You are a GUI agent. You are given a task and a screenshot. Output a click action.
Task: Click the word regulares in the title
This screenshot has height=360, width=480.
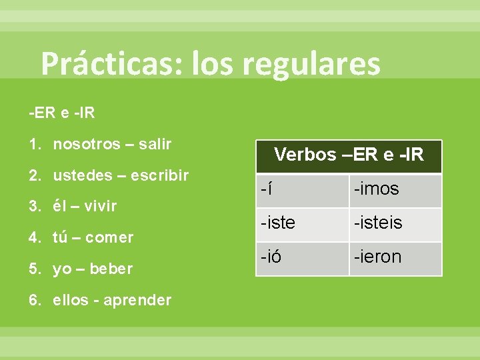click(x=311, y=65)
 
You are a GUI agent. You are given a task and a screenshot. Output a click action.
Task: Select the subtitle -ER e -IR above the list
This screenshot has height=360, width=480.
click(x=61, y=113)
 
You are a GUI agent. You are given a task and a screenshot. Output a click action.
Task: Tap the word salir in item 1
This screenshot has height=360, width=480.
click(x=155, y=144)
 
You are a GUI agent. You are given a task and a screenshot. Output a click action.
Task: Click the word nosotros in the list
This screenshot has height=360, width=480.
click(x=87, y=144)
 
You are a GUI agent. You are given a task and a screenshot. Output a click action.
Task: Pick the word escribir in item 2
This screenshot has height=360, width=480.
click(x=159, y=175)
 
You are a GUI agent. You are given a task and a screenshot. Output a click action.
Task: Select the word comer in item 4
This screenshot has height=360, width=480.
click(x=111, y=237)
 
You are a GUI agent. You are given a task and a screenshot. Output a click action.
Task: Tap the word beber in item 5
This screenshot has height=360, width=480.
click(x=111, y=269)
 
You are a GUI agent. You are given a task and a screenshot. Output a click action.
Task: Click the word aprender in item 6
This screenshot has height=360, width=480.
click(x=138, y=300)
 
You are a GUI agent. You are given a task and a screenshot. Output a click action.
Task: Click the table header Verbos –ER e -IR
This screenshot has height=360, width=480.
click(x=349, y=155)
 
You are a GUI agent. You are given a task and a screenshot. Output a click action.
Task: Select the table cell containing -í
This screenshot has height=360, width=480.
click(x=302, y=190)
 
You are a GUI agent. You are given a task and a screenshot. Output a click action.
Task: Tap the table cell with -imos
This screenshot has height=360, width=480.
click(x=395, y=190)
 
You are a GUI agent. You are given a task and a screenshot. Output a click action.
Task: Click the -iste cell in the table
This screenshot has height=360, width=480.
click(x=302, y=223)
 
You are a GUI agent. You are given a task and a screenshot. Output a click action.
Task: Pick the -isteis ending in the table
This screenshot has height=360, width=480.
click(x=395, y=223)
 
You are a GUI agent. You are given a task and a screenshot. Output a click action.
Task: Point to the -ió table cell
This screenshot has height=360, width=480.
click(x=302, y=257)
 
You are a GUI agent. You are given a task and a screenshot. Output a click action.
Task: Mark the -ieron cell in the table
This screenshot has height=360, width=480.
click(x=395, y=257)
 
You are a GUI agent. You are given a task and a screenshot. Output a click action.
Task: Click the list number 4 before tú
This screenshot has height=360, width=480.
click(x=33, y=237)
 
